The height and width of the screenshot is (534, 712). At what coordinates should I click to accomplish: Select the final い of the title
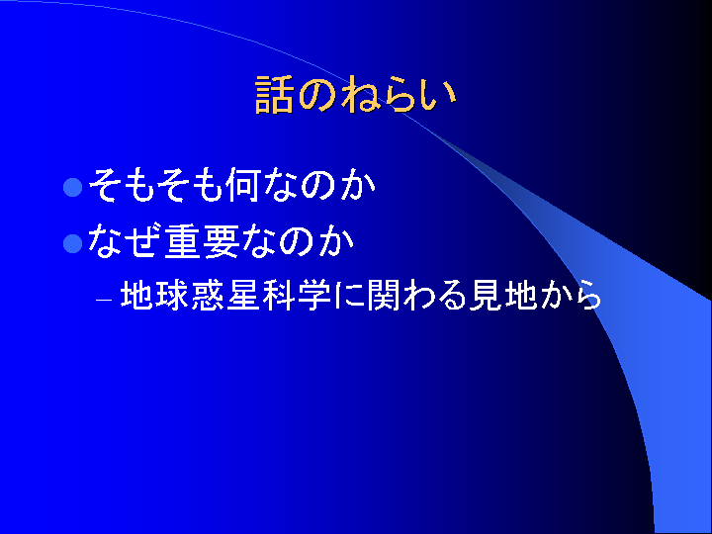tap(438, 96)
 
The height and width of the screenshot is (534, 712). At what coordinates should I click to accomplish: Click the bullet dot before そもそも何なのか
tap(72, 187)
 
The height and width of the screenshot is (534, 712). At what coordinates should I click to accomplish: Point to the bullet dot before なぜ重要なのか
tap(72, 243)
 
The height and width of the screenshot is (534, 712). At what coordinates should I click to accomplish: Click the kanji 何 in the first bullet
tap(243, 184)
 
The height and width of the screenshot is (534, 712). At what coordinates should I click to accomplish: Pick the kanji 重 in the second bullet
tap(182, 241)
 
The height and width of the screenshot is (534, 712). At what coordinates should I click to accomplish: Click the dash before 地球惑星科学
tap(104, 301)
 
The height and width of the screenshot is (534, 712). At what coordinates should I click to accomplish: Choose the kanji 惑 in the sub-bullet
tap(208, 296)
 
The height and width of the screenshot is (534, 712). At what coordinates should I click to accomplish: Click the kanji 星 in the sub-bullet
tap(242, 296)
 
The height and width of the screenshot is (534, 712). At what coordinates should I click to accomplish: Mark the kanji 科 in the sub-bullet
tap(278, 296)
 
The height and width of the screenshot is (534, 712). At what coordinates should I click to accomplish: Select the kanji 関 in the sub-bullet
tap(383, 296)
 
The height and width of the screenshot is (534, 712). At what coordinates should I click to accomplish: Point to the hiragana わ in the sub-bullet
tap(416, 296)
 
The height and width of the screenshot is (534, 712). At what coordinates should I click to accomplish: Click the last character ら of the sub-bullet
tap(587, 296)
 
